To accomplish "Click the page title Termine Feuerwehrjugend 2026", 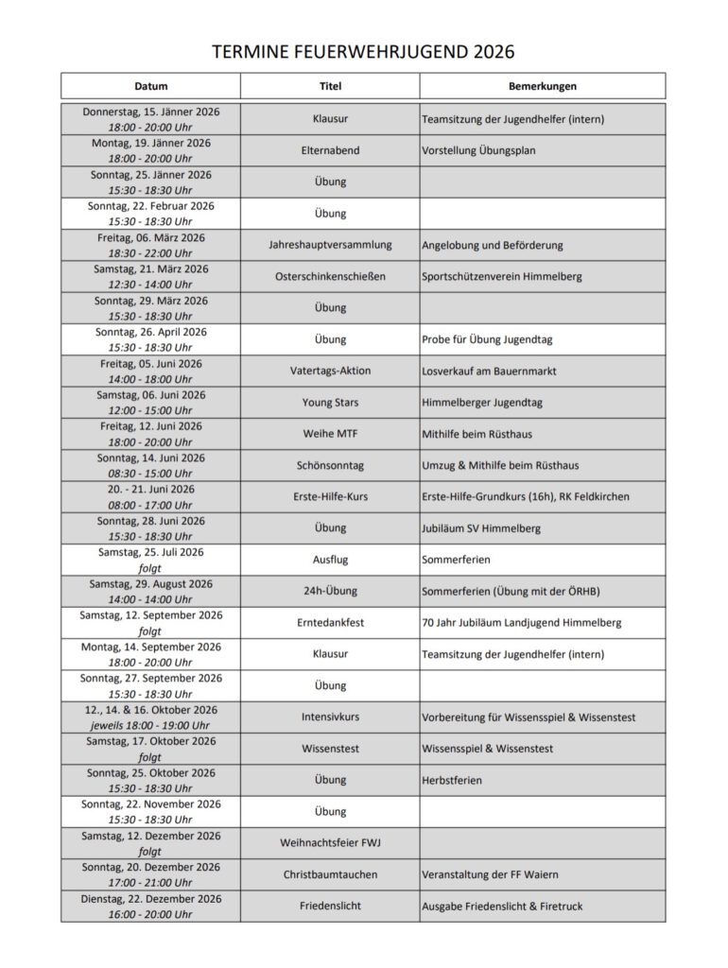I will pos(363,50).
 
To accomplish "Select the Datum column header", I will pos(151,86).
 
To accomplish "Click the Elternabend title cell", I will pos(330,150).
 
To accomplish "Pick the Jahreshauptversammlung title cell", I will pos(330,245).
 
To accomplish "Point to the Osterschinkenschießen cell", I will pos(330,277).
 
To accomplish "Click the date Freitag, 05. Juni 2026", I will pos(151,364).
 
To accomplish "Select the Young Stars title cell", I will pos(330,403).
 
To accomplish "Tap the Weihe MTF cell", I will pos(330,434).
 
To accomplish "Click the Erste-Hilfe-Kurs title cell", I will pos(330,497).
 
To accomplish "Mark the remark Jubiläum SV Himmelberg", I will pos(481,528).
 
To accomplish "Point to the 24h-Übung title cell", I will pos(330,592).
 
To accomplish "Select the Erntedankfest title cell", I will pos(330,623).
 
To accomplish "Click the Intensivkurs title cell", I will pos(330,717).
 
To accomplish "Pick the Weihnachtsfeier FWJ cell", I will pos(330,843).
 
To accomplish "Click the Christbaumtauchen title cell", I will pos(330,875).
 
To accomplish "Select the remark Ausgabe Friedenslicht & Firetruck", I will pos(502,907).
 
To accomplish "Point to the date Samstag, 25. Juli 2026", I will pos(151,552).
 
